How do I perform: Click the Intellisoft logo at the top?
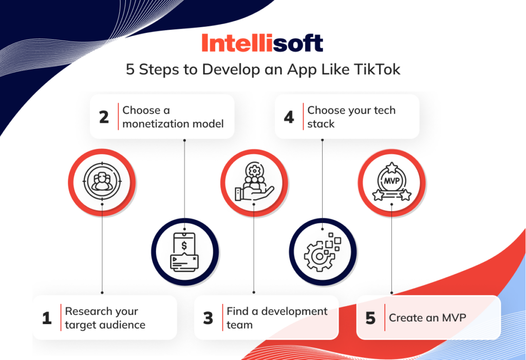pos(262,43)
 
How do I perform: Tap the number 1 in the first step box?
pos(47,318)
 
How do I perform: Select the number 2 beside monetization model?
pos(104,117)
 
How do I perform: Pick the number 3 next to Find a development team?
pos(208,318)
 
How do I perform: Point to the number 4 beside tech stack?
pos(289,117)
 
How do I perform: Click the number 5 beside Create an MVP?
pos(370,318)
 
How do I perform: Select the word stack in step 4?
pos(321,124)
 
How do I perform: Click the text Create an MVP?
pos(427,318)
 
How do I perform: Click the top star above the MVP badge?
pos(391,167)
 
